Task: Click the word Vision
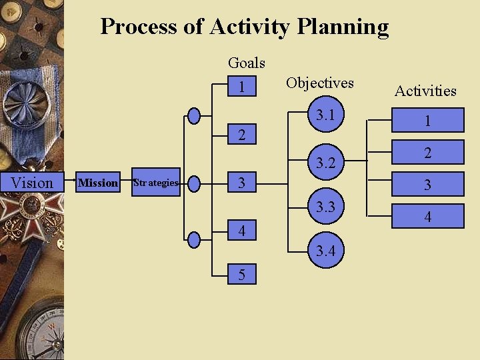[32, 183]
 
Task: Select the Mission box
[98, 183]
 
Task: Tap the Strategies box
[156, 183]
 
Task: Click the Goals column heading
[246, 63]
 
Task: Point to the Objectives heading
[319, 83]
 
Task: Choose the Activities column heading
[425, 91]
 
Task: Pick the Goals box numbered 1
[242, 87]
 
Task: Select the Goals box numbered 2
[242, 135]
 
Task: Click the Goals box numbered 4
[242, 231]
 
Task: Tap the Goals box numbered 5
[242, 275]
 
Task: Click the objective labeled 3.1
[325, 115]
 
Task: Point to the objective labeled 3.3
[325, 207]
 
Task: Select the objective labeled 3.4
[325, 251]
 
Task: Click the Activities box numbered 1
[427, 121]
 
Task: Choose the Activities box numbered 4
[427, 217]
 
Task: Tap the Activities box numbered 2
[427, 153]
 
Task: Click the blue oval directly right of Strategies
[194, 183]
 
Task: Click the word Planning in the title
[343, 27]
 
